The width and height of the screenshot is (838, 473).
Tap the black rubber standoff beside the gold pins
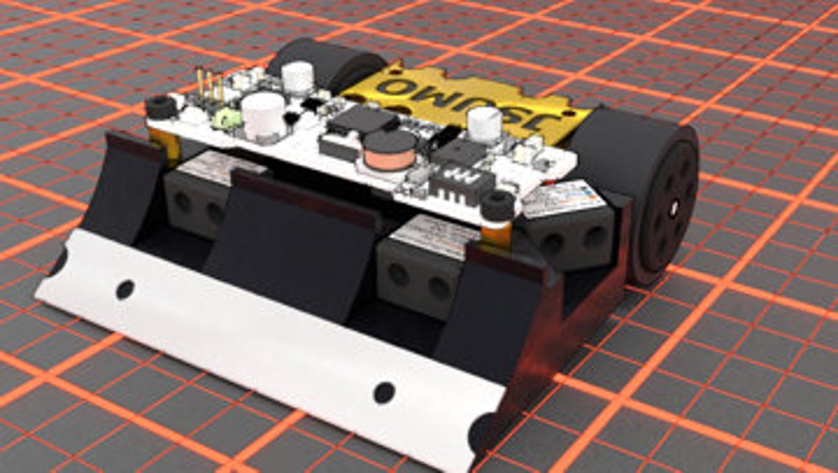[x=160, y=107]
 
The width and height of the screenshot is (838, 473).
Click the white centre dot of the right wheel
[x=673, y=209]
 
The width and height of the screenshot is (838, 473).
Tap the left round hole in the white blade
[x=126, y=289]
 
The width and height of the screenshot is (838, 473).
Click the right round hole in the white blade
[x=384, y=391]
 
